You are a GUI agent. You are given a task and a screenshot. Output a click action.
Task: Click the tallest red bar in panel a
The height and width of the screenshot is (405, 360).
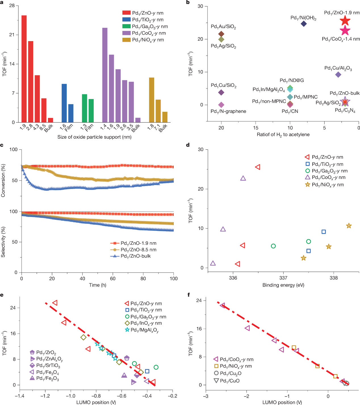24,69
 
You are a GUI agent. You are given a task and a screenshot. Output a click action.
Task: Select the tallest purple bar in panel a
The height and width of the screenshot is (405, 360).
105,75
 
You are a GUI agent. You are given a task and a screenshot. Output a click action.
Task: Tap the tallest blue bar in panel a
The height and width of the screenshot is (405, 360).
64,103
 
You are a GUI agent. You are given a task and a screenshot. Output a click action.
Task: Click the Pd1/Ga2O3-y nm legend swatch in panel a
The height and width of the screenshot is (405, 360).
126,26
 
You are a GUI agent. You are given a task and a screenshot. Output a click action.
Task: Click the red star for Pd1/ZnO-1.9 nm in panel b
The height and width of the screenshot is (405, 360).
345,20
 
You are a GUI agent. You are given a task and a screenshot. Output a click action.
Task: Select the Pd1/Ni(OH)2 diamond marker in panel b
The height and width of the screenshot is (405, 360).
304,24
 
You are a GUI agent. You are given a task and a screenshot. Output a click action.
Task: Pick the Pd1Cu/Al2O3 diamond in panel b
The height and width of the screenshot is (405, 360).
338,75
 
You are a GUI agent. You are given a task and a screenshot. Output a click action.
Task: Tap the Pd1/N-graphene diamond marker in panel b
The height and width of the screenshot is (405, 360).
221,105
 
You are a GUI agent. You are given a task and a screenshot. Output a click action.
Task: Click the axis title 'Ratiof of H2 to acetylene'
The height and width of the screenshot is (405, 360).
283,134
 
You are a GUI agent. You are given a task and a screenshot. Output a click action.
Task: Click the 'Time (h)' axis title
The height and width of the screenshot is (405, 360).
97,285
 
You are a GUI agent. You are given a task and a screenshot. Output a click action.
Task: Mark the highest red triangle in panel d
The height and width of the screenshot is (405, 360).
258,167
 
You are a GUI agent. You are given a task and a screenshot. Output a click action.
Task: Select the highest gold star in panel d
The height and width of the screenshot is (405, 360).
349,226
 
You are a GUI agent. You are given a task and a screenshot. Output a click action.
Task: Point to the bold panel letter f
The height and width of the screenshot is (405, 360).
189,295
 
